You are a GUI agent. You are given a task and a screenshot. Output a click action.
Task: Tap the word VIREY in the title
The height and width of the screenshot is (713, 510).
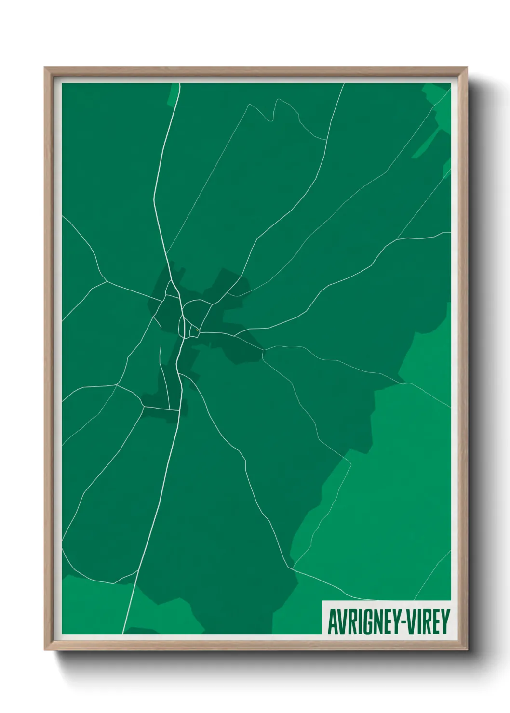pyautogui.click(x=427, y=622)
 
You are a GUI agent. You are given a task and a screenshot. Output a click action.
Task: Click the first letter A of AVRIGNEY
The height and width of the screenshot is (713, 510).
pyautogui.click(x=332, y=622)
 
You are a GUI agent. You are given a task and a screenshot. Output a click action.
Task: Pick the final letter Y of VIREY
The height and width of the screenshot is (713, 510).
pyautogui.click(x=444, y=622)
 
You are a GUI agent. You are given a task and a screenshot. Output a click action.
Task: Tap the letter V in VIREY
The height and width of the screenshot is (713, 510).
pyautogui.click(x=408, y=622)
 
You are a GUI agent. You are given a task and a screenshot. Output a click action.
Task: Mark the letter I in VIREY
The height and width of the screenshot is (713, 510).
pyautogui.click(x=416, y=622)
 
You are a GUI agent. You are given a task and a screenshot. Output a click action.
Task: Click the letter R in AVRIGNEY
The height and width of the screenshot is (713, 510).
pyautogui.click(x=348, y=622)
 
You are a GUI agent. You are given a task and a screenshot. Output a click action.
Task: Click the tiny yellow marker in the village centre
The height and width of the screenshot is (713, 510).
pyautogui.click(x=197, y=330)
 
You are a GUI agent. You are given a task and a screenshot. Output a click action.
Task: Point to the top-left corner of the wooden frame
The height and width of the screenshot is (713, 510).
pyautogui.click(x=45, y=68)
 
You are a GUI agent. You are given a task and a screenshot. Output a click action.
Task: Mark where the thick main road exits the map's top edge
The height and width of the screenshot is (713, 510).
pyautogui.click(x=179, y=84)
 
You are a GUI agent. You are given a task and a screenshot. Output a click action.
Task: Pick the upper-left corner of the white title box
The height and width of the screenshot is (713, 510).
pyautogui.click(x=322, y=601)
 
